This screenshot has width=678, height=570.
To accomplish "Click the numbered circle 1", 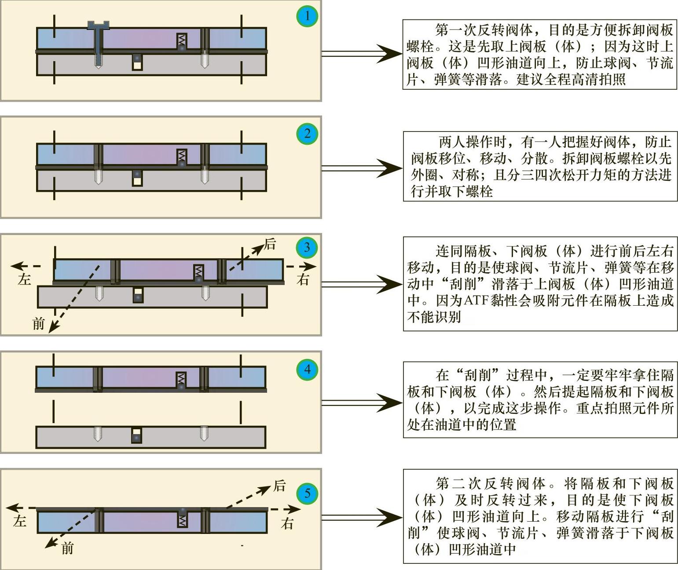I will click(x=307, y=16).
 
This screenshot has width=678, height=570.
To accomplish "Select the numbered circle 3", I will click(x=307, y=247).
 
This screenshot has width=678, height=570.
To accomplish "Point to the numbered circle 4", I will click(x=307, y=369).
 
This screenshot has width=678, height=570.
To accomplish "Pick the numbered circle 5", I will click(x=307, y=493).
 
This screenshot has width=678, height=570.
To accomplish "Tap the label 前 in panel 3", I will click(x=39, y=324).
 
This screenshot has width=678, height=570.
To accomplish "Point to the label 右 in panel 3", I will click(x=303, y=279).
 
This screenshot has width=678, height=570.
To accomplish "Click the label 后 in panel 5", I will click(x=280, y=486).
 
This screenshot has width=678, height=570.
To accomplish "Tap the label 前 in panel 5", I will click(x=67, y=548).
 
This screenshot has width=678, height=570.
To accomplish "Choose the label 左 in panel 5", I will click(x=19, y=522).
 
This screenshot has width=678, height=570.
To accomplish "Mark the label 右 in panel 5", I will click(x=287, y=523).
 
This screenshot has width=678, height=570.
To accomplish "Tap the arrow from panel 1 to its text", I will click(x=361, y=54).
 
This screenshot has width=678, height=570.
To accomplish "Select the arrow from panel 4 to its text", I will click(x=361, y=403).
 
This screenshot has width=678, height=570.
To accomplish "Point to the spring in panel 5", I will click(x=182, y=520).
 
